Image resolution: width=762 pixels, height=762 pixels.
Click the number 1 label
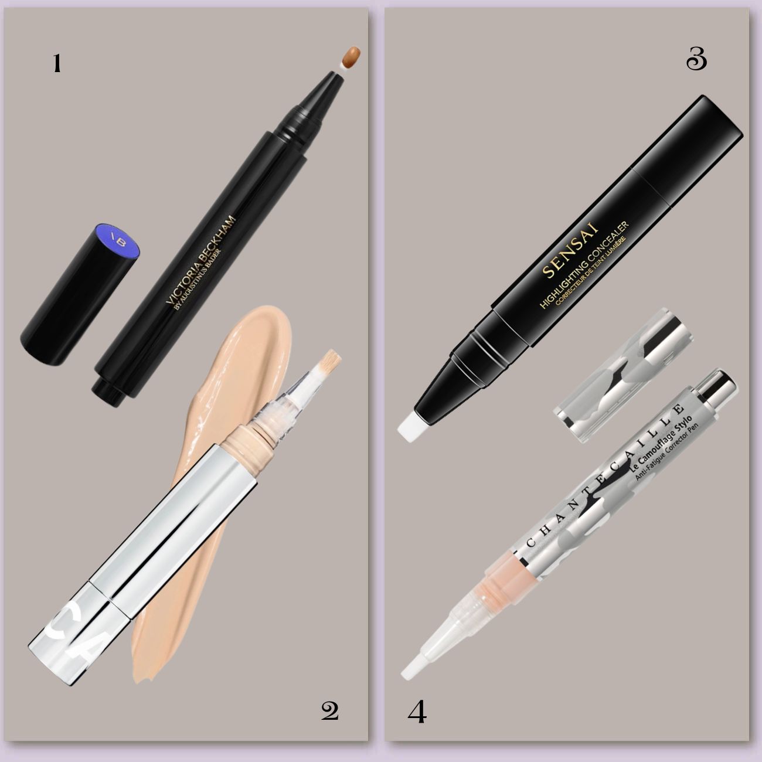(57, 64)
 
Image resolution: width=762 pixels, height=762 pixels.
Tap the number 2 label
(330, 711)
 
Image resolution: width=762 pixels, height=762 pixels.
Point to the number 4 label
(417, 713)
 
